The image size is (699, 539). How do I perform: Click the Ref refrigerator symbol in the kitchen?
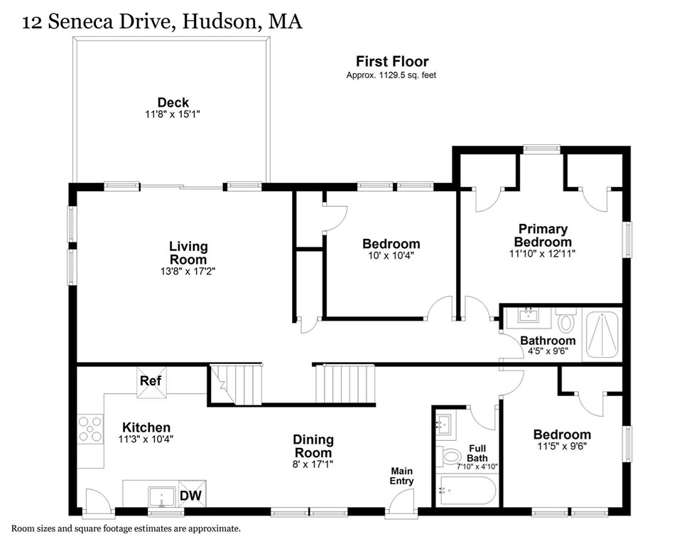(x=150, y=380)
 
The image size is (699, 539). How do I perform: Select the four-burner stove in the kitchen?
(x=90, y=429)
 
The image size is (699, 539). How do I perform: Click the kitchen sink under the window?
(x=161, y=496)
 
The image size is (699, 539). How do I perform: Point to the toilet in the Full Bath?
(x=449, y=455)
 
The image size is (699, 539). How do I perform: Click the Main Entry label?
(x=401, y=476)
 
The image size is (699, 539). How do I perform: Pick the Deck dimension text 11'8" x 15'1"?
(x=173, y=114)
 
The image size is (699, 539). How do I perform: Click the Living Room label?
(x=188, y=252)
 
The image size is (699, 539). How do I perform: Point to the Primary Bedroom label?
(x=543, y=235)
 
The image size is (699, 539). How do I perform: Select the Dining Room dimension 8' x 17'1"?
(x=313, y=464)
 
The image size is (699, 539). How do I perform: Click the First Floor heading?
(x=392, y=62)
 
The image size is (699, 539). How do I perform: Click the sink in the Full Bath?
(x=445, y=425)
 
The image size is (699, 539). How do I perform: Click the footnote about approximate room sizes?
(x=125, y=528)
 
